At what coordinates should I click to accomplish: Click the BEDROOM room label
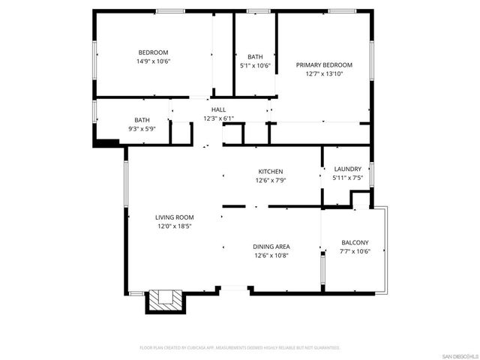(153, 52)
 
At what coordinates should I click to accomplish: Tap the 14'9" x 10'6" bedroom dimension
(153, 61)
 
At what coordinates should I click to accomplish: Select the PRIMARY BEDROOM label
(323, 65)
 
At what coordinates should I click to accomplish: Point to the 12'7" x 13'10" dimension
(323, 74)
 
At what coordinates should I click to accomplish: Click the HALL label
(218, 109)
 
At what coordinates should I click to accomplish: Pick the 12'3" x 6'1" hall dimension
(218, 118)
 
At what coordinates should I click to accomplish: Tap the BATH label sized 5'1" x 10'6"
(255, 56)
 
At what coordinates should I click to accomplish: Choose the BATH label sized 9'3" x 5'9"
(142, 120)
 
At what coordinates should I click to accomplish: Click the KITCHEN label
(271, 172)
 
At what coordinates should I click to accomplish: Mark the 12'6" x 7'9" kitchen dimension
(271, 181)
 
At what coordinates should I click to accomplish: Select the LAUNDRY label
(347, 169)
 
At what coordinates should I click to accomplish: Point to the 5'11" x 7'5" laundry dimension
(347, 178)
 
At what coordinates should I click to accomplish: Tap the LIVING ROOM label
(175, 217)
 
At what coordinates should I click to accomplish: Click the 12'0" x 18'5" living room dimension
(175, 226)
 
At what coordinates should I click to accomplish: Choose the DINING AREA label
(271, 247)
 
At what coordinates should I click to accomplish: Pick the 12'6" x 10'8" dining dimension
(271, 256)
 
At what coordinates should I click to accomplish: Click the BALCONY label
(354, 242)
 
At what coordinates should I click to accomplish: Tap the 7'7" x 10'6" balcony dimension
(354, 251)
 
